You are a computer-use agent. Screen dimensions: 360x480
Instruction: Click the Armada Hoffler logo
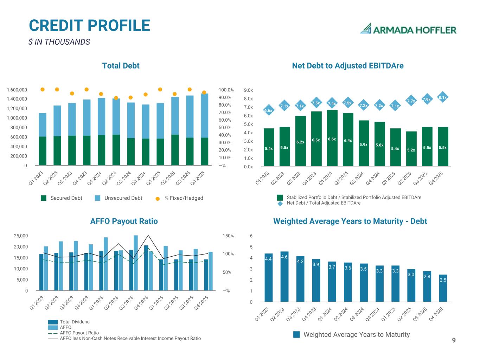[x=408, y=29]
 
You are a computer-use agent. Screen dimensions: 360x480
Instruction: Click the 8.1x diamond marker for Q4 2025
[x=442, y=98]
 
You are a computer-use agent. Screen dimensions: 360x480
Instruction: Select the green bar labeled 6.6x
[x=332, y=138]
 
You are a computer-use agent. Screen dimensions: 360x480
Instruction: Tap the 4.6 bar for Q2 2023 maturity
[x=284, y=276]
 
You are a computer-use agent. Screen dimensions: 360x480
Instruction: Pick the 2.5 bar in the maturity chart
[x=443, y=288]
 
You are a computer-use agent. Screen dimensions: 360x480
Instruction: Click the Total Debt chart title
[x=121, y=66]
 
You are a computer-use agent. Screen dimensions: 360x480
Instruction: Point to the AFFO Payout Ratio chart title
[x=124, y=221]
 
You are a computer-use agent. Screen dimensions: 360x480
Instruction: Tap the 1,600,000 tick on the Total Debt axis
[x=17, y=90]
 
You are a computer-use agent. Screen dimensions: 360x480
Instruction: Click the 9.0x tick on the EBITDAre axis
[x=248, y=90]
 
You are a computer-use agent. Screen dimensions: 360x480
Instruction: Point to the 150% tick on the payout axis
[x=228, y=236]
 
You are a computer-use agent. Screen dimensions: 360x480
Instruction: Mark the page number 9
[x=454, y=340]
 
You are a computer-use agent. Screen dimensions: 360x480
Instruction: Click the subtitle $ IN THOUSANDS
[x=59, y=42]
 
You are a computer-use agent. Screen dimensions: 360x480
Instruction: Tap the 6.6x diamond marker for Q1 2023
[x=268, y=111]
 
